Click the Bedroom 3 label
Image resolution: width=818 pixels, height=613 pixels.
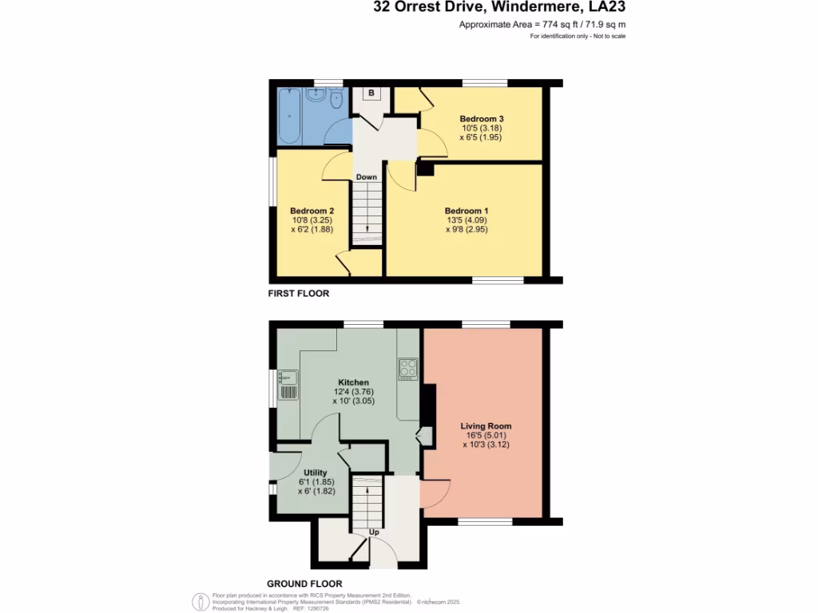point(481,119)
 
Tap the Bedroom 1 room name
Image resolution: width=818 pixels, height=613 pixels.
point(466,211)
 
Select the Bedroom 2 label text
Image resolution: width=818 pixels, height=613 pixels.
point(312,211)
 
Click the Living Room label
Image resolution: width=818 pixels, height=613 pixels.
point(486,425)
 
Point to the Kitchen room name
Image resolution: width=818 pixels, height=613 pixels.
point(353,382)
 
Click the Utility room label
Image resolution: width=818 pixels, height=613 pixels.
point(316,473)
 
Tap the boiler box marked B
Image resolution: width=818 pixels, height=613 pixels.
point(371,93)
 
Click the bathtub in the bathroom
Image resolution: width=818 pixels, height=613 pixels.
point(289,117)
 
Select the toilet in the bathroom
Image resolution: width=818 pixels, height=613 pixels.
point(336,100)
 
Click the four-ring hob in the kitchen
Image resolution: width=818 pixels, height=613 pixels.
point(408,369)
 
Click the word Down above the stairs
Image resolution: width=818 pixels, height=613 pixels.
point(367,177)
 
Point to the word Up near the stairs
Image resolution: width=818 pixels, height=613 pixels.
point(373,532)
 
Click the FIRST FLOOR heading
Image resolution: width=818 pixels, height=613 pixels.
point(298,294)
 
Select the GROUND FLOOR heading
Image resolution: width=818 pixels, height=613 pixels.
point(304,583)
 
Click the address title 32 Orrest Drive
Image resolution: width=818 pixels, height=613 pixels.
point(499,8)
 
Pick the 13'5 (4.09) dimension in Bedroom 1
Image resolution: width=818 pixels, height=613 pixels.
point(466,220)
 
